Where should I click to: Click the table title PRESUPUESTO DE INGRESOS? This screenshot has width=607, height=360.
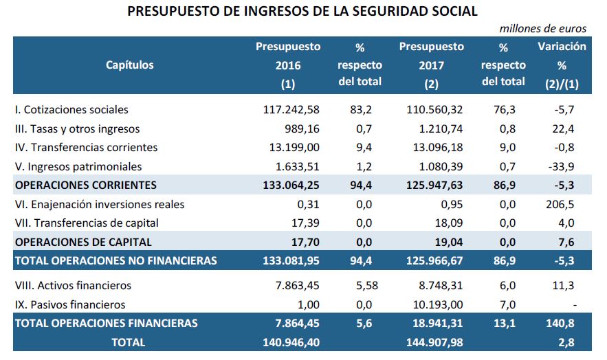(302, 12)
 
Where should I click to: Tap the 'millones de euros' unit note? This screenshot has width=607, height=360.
(543, 28)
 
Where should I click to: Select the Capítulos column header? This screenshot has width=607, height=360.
(130, 65)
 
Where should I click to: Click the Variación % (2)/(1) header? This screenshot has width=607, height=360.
(562, 65)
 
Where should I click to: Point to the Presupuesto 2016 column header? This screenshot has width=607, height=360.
(288, 65)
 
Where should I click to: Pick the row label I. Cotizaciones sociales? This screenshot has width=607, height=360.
(71, 109)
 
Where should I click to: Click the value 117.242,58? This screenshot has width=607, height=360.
(292, 109)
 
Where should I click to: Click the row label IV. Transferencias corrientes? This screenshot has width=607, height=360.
(86, 147)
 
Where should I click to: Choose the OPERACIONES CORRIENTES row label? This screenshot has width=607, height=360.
(86, 185)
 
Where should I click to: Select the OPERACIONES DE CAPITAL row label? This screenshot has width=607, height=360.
(83, 242)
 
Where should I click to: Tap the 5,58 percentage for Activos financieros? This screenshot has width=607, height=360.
(364, 286)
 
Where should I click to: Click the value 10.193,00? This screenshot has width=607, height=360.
(438, 304)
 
